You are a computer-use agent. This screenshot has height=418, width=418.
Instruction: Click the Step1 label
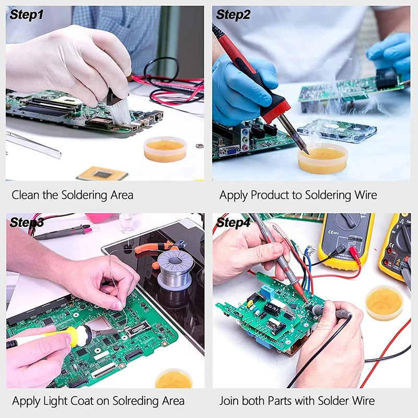pyautogui.click(x=26, y=15)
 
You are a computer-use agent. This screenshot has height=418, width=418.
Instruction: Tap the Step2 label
pyautogui.click(x=234, y=15)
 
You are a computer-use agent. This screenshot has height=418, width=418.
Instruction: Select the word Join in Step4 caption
pyautogui.click(x=229, y=401)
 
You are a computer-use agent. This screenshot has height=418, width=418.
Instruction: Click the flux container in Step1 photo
pyautogui.click(x=166, y=148)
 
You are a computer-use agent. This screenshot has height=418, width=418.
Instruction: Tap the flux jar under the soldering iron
pyautogui.click(x=322, y=158)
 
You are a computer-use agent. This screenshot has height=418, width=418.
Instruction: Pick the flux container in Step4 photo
pyautogui.click(x=384, y=303)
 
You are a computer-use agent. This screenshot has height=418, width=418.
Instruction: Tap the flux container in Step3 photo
pyautogui.click(x=173, y=378)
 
